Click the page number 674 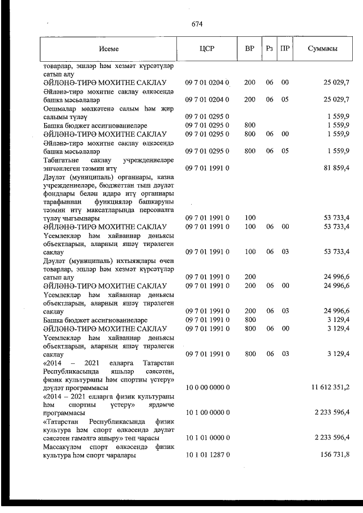(x=197, y=24)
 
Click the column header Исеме (x=108, y=49)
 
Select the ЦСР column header (x=207, y=49)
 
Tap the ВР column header (x=250, y=49)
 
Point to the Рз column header (x=269, y=49)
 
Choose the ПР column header (x=285, y=49)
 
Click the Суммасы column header (x=322, y=49)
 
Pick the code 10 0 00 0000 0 (x=208, y=387)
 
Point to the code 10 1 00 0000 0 (x=208, y=412)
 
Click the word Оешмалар (x=60, y=108)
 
